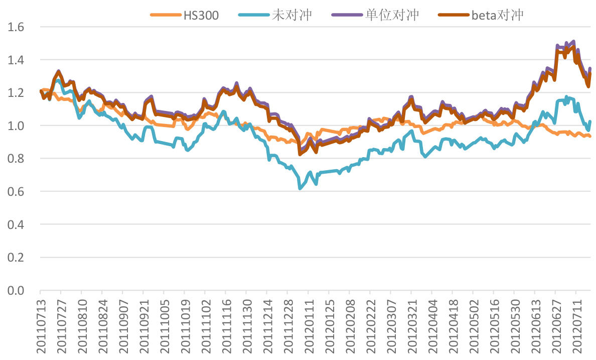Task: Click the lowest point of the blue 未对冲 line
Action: point(300,188)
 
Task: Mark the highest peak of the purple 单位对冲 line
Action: point(573,41)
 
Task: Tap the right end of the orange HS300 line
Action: point(590,137)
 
